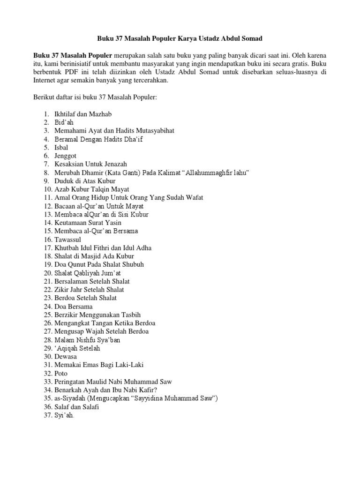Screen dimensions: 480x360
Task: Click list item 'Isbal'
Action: [x=62, y=148]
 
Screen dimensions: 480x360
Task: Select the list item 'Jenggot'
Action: [x=65, y=156]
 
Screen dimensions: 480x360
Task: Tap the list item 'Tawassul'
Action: [x=67, y=240]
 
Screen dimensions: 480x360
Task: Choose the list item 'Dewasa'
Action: [x=66, y=356]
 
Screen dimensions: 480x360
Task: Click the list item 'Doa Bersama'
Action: [x=73, y=306]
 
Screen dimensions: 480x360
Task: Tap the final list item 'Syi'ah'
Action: [x=64, y=415]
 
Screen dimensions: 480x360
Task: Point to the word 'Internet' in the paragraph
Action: [x=45, y=81]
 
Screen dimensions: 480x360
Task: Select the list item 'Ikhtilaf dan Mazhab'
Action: [x=83, y=114]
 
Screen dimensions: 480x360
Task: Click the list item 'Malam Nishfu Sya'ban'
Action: [x=87, y=339]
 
